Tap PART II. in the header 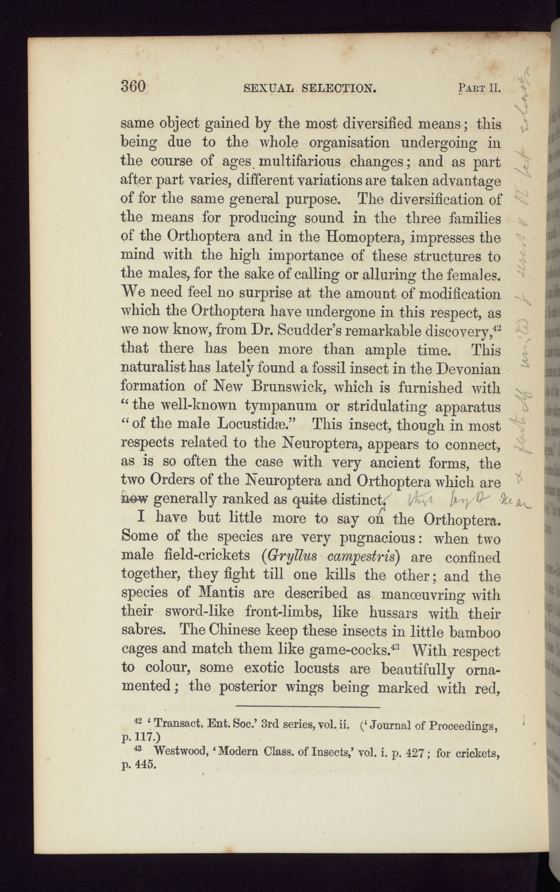pos(479,89)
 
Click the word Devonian pos(469,369)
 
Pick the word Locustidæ pos(259,424)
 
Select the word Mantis pos(220,594)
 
